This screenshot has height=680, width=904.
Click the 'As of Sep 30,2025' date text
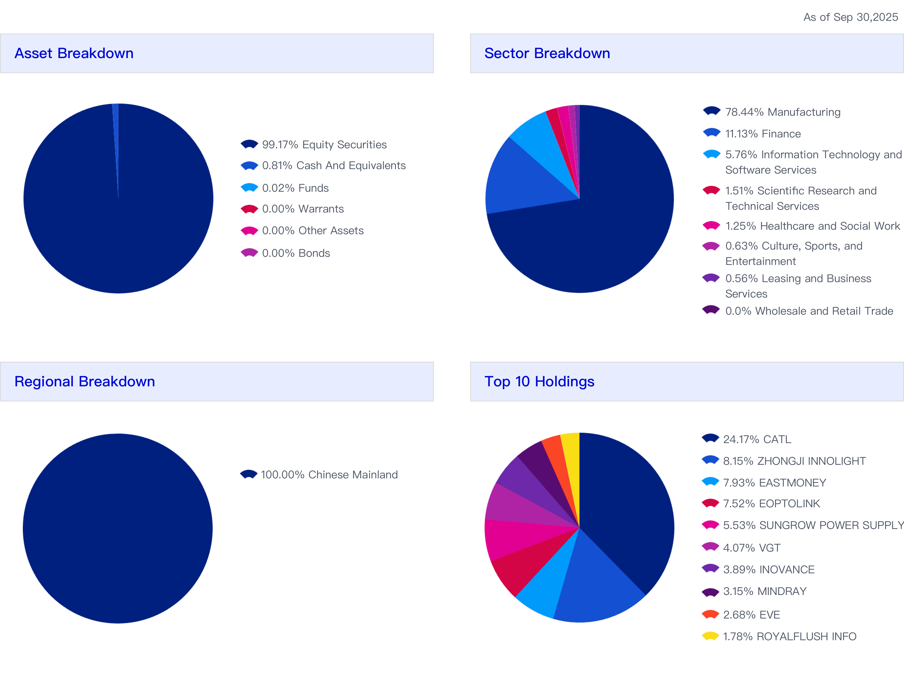(850, 17)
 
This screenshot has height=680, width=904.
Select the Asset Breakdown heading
(74, 53)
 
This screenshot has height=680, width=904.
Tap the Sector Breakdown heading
(547, 53)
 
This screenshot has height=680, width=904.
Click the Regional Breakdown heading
(85, 382)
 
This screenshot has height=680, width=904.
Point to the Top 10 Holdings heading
(539, 382)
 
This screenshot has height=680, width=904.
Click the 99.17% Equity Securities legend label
(324, 145)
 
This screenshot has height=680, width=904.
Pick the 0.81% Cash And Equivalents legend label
(334, 166)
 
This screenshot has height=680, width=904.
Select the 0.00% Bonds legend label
(296, 253)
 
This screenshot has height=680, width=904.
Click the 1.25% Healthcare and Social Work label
(812, 226)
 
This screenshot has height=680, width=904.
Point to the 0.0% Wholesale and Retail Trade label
(809, 311)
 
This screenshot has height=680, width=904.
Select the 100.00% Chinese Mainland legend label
(329, 475)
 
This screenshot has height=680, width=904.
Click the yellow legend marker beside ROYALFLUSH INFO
(710, 636)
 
